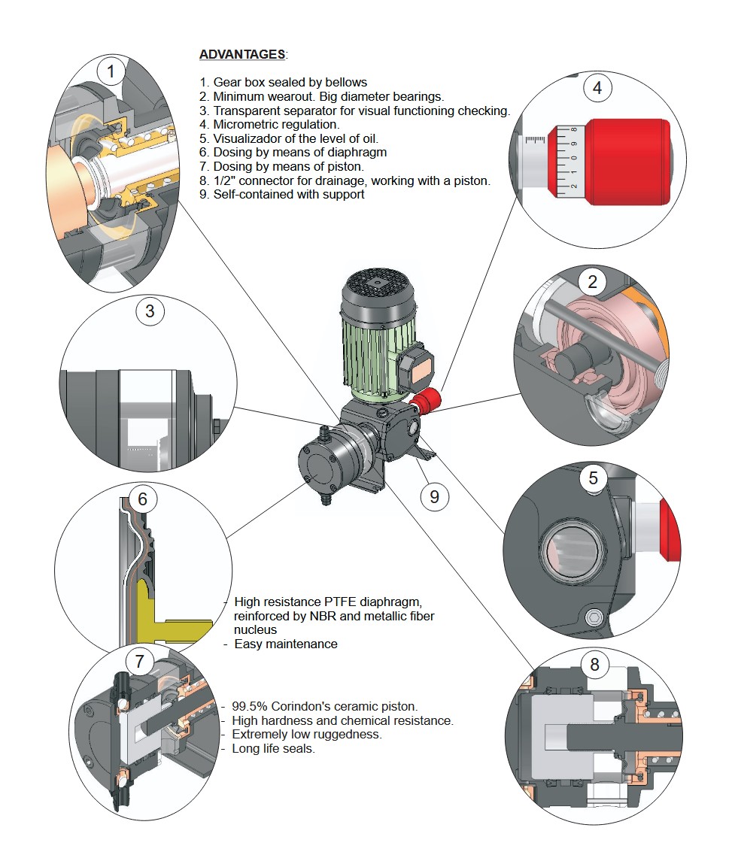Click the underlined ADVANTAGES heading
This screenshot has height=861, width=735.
pos(242,54)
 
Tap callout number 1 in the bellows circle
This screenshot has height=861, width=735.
pos(111,72)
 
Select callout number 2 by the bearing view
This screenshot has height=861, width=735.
pos(593,281)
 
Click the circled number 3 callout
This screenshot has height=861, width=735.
pos(150,311)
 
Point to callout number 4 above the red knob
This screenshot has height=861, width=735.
pos(597,88)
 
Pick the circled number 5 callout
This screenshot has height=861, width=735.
pos(593,477)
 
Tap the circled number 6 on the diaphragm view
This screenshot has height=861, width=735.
pos(142,499)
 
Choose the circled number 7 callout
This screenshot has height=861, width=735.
pos(139,662)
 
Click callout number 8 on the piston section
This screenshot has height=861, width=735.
pos(595,664)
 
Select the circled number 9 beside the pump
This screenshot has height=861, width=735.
pos(434,496)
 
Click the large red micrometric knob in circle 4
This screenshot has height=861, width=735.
pos(627,161)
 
